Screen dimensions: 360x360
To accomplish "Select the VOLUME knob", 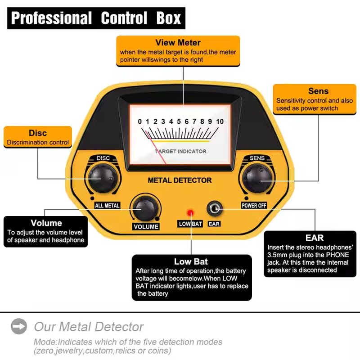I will coord(145,208).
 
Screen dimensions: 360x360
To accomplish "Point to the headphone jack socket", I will coord(214,209).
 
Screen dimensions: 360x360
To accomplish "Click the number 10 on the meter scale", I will coord(220,121).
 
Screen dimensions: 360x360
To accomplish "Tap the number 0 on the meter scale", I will coord(140,121).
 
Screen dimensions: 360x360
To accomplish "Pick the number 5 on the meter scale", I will coord(179,121).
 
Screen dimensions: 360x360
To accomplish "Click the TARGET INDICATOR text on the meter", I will coord(180,151).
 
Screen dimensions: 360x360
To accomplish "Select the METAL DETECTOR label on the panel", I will coord(180,180).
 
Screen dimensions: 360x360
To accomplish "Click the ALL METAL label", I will coord(107,206).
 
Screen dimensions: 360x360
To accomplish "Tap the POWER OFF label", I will coord(254,206).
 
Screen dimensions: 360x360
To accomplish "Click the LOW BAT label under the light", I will coord(191,224).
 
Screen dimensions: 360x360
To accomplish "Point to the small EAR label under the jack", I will coord(214,224).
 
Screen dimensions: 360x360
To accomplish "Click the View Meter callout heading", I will coord(178,43).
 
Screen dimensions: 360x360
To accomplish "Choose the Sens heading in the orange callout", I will coord(318,91).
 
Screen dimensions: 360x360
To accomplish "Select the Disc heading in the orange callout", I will coord(38,133).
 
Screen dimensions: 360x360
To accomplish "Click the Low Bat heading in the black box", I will coord(191,261).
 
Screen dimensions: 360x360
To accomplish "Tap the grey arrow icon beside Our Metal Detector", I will coord(19,326).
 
